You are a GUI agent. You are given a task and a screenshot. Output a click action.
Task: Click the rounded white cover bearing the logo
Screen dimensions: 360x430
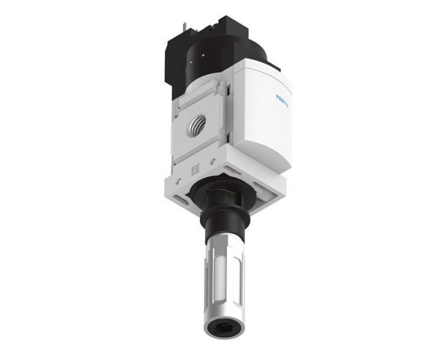point(264,120)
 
